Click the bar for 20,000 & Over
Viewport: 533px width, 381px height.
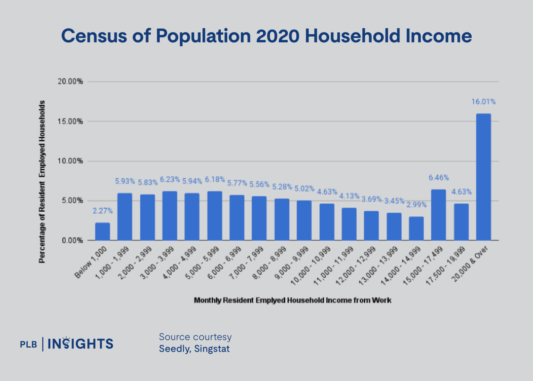coord(483,177)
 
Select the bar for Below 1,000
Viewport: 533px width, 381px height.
coord(102,231)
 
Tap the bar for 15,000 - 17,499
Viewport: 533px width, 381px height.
coord(438,215)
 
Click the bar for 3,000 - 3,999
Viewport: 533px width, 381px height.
coord(170,216)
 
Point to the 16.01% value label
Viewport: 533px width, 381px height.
coord(483,102)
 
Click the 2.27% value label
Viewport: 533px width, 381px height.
coord(102,211)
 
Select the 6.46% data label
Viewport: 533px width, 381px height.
coord(439,178)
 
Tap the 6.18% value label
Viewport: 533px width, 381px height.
coord(214,179)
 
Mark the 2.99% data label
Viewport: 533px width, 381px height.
coord(416,205)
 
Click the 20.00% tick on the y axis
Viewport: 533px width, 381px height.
coord(70,82)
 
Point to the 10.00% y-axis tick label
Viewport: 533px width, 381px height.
coord(70,161)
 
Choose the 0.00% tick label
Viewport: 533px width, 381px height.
coord(73,240)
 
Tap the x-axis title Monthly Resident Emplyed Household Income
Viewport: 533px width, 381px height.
coord(292,300)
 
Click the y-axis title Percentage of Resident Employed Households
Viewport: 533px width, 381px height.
coord(42,182)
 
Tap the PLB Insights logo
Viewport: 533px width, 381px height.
coord(67,344)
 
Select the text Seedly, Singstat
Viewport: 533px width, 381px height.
coord(194,349)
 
